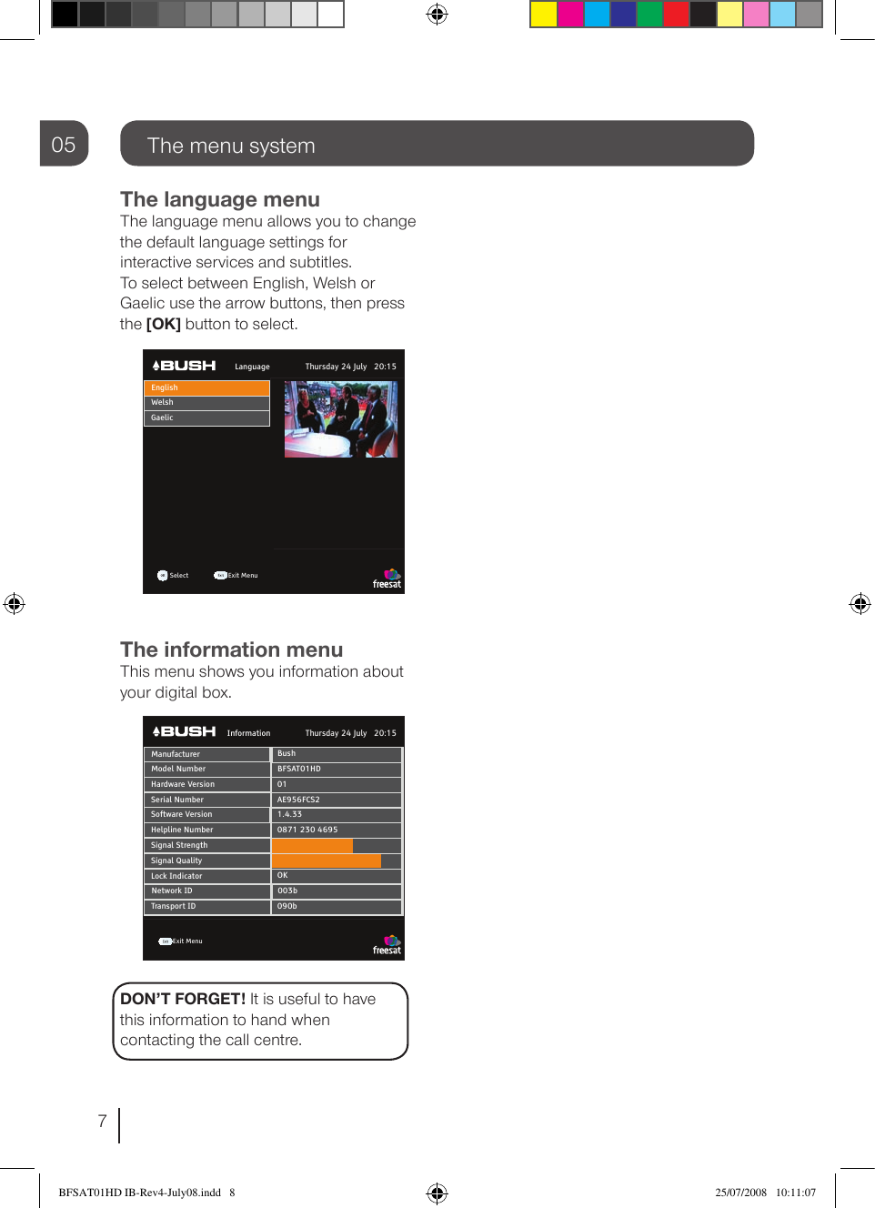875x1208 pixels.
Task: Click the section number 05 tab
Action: click(64, 144)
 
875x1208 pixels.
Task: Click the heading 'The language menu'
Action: click(220, 199)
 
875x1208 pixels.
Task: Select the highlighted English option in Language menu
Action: click(206, 388)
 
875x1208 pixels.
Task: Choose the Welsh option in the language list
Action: click(206, 402)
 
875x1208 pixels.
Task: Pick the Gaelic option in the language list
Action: click(206, 418)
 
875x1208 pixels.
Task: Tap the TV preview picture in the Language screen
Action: click(341, 418)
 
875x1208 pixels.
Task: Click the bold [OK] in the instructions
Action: click(164, 324)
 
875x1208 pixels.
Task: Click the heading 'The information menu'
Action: click(232, 649)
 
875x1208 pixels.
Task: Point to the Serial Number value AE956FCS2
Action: click(299, 800)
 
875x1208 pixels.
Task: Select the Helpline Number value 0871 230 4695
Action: click(307, 830)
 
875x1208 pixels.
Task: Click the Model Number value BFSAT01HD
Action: click(299, 769)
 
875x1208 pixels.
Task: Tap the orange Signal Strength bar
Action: click(312, 845)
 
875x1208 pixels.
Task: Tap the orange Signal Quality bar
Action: click(327, 861)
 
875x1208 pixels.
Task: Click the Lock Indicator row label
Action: click(177, 876)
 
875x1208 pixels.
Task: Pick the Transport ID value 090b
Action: click(287, 906)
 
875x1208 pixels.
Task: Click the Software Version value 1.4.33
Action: click(290, 814)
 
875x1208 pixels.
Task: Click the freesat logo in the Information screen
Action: click(387, 944)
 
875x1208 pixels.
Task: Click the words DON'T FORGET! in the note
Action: click(183, 999)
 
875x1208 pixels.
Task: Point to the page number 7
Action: click(103, 1121)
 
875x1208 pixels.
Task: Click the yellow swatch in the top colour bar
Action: click(544, 15)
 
